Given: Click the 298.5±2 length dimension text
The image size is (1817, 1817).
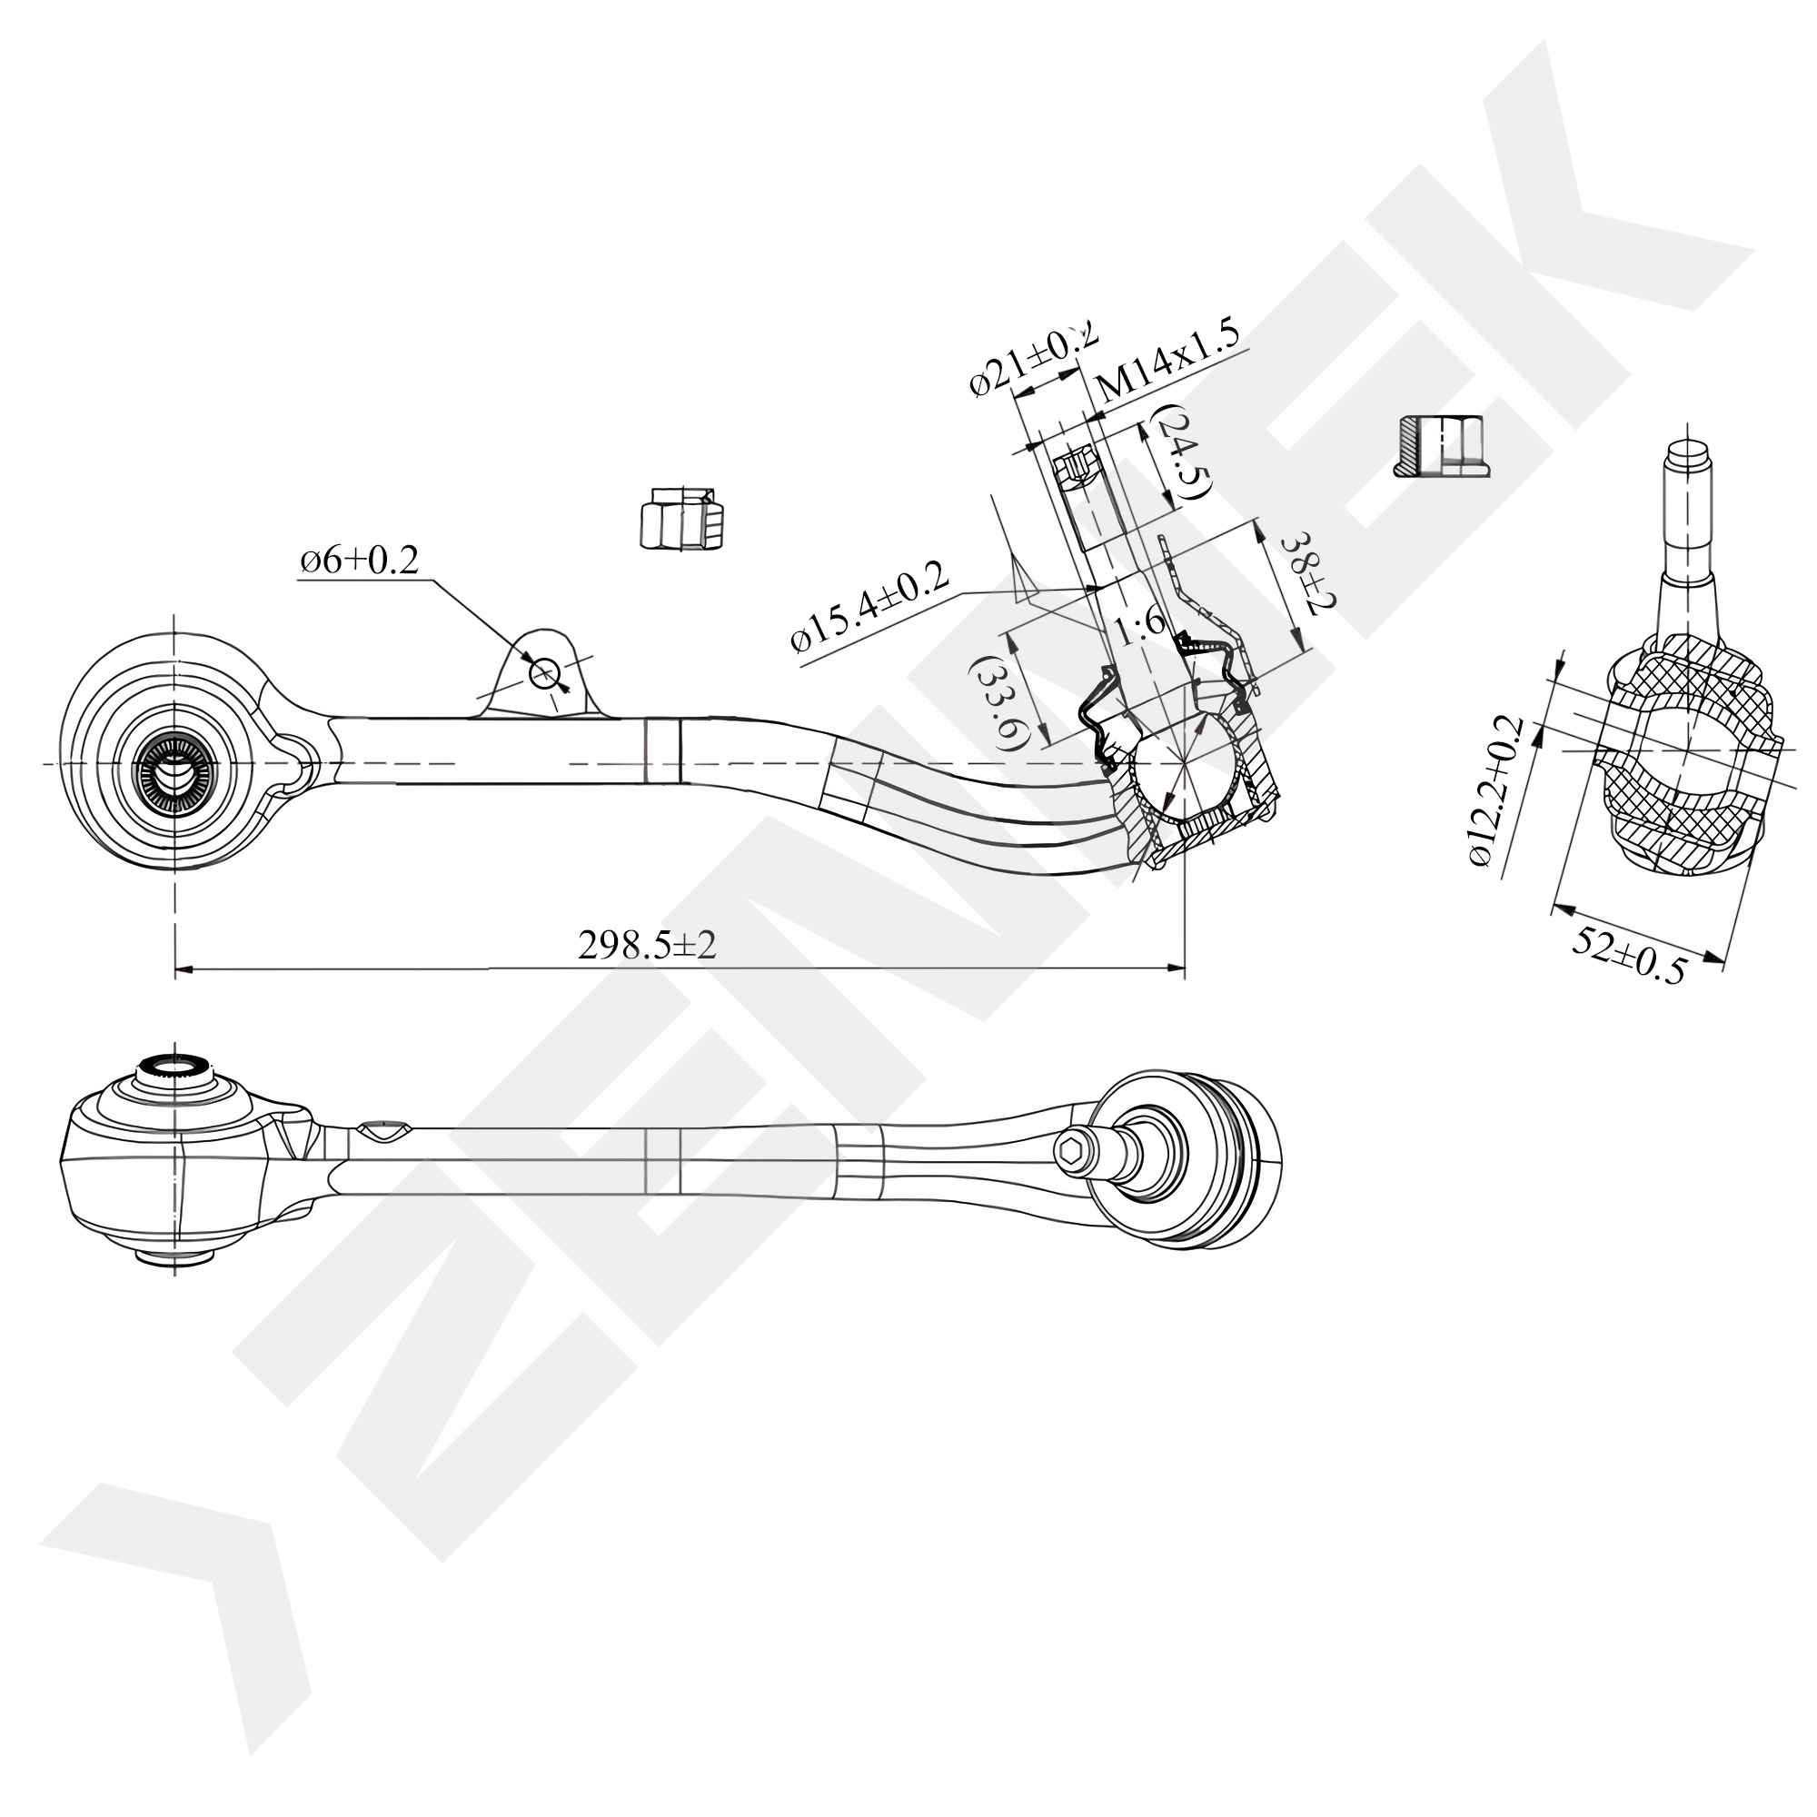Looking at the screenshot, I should click(x=647, y=944).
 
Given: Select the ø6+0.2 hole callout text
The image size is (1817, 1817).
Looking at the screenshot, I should click(x=358, y=561).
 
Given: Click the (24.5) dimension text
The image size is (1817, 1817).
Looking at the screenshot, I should click(x=1181, y=452).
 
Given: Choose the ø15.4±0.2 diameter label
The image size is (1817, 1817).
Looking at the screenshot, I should click(x=871, y=609).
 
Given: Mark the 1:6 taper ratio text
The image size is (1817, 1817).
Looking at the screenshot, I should click(x=1140, y=626).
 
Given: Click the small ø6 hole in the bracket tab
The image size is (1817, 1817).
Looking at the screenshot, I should click(x=544, y=673).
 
